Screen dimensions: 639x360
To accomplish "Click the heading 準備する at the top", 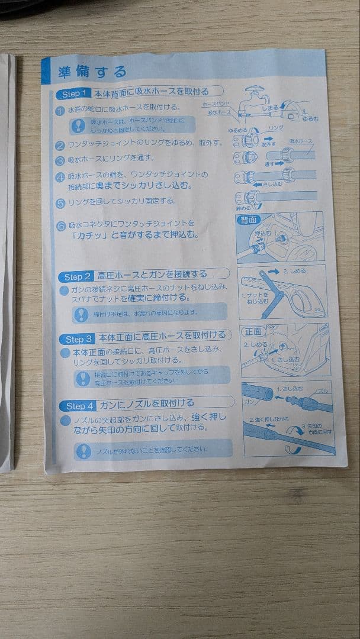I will (x=92, y=72).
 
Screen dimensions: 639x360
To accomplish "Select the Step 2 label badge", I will (x=78, y=276).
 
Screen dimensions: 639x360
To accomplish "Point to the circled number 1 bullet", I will (x=61, y=111).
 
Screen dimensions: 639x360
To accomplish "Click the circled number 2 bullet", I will (x=60, y=145).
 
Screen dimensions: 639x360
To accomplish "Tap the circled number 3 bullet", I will (x=60, y=160).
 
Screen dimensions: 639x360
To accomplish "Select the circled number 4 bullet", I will (x=60, y=177).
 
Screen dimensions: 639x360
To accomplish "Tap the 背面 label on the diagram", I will (x=248, y=220).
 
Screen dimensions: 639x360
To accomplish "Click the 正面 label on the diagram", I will (x=252, y=332).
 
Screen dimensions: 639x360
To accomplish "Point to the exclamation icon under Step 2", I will (x=81, y=314).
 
